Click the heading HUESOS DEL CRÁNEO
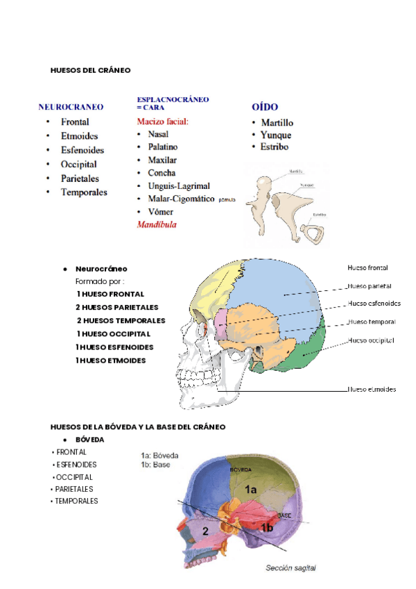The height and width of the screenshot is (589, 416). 90,70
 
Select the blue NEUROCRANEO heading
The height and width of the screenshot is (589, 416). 71,108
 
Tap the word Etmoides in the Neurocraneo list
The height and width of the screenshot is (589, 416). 79,136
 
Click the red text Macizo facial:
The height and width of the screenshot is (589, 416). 162,122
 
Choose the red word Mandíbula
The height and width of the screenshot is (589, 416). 157,225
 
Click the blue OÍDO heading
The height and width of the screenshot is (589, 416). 264,108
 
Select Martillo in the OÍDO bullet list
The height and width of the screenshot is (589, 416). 277,123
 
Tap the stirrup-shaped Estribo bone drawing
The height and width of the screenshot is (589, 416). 315,233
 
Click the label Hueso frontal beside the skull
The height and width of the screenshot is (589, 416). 367,268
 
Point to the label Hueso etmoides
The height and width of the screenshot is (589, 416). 372,390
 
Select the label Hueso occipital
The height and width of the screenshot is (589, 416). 371,340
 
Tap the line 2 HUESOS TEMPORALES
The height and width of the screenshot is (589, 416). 121,321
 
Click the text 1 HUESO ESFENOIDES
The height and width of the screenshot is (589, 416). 114,347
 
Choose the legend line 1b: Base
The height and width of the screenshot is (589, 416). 155,465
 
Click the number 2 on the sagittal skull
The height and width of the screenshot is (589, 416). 205,531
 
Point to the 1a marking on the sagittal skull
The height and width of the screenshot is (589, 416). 251,490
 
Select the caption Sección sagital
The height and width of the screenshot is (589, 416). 291,568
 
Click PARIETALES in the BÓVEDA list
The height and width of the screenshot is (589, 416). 74,489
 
